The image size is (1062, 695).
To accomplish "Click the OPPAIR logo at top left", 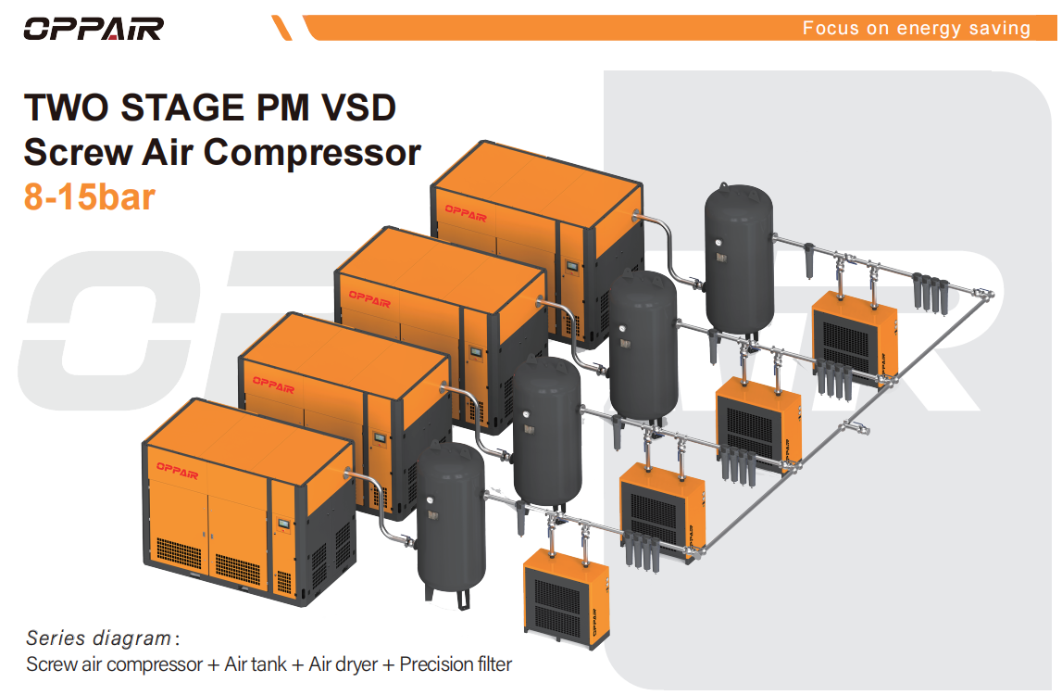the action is tap(94, 29).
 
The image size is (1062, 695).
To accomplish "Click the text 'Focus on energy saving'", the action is tap(917, 29).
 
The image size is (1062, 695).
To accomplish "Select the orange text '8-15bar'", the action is tap(90, 196).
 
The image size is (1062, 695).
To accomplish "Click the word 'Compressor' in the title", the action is tap(312, 153).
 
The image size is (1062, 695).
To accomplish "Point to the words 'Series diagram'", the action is tap(98, 638).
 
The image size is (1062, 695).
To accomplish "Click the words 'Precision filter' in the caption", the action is tap(456, 664).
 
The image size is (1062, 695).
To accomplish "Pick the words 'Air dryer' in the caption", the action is tap(343, 664).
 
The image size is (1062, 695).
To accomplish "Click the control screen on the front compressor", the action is tap(284, 524).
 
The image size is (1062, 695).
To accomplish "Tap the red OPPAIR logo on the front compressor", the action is tap(178, 470).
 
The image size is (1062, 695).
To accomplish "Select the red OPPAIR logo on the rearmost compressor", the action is tap(466, 212).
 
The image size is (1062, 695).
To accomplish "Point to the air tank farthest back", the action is tap(739, 261).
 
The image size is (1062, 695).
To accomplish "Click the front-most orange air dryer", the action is tap(567, 598).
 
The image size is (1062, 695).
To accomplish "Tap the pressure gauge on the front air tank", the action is tap(430, 501).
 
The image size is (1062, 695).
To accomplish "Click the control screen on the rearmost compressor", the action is tap(572, 267).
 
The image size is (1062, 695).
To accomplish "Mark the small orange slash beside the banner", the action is tap(281, 29).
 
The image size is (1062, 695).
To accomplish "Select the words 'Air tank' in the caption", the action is tap(256, 664).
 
